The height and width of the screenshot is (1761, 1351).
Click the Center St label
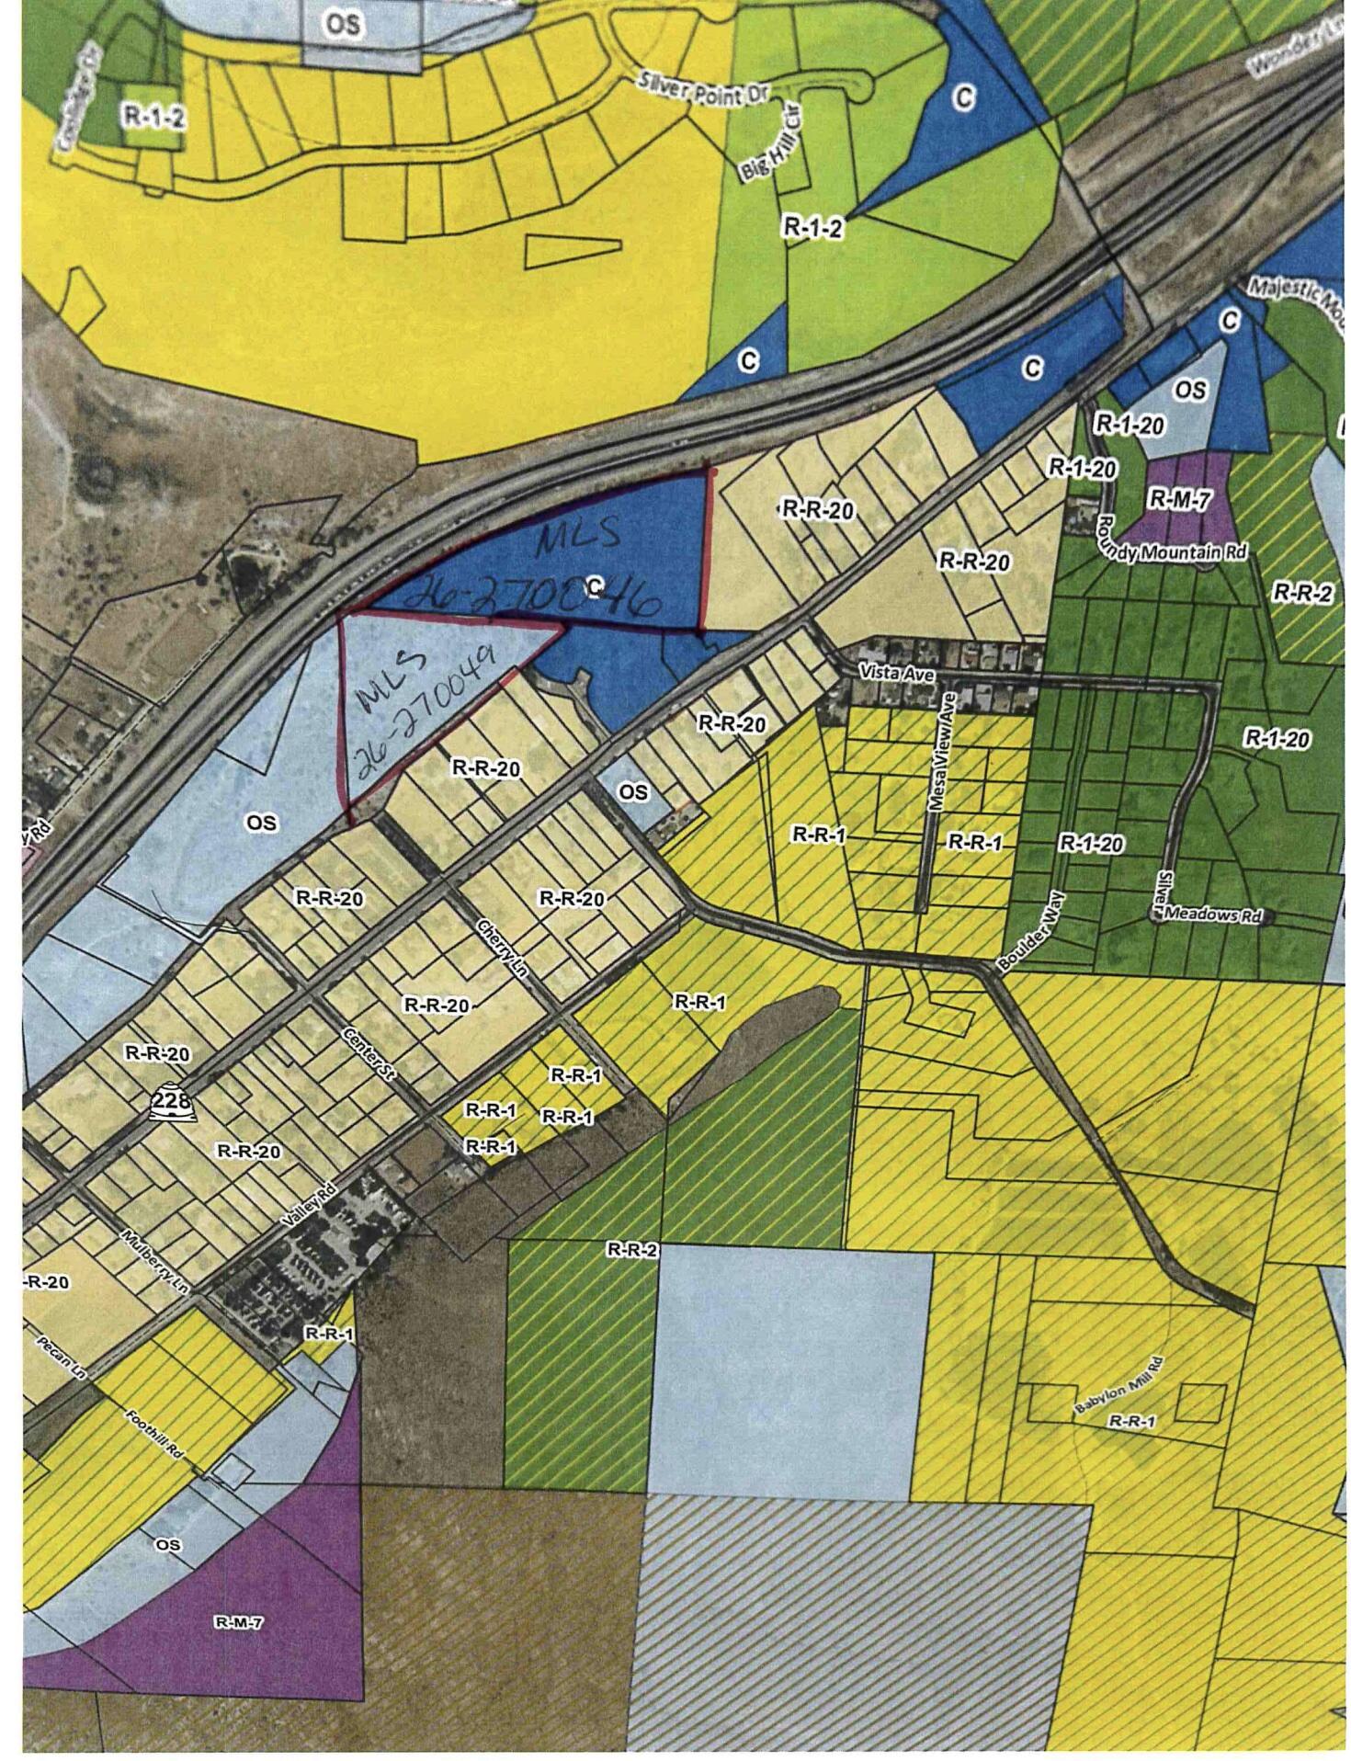click(x=367, y=1057)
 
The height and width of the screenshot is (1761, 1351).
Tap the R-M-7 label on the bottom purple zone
click(x=238, y=1622)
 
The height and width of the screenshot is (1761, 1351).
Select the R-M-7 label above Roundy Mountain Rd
click(x=1179, y=499)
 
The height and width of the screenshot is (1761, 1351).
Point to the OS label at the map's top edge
click(x=342, y=26)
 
